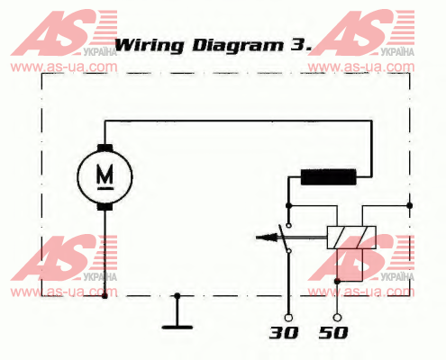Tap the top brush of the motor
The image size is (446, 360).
tap(105, 148)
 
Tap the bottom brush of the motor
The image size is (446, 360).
tap(105, 206)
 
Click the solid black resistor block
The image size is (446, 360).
tap(329, 176)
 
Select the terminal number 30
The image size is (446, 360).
tap(284, 333)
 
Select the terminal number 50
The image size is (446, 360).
tap(333, 333)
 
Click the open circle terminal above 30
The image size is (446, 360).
tap(288, 318)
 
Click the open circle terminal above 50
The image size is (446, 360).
tap(337, 318)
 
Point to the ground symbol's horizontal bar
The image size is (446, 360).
tap(177, 327)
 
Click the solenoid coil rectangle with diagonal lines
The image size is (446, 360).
tap(351, 238)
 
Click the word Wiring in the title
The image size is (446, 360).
tap(150, 45)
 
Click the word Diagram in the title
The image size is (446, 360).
tap(238, 45)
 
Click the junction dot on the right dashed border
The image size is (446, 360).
tap(409, 205)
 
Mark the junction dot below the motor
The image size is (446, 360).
tap(105, 296)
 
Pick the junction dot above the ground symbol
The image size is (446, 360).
tap(177, 296)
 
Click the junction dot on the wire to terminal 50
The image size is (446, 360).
tap(337, 282)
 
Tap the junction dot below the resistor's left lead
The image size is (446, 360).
tap(288, 205)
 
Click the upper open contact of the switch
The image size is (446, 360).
tap(288, 225)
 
